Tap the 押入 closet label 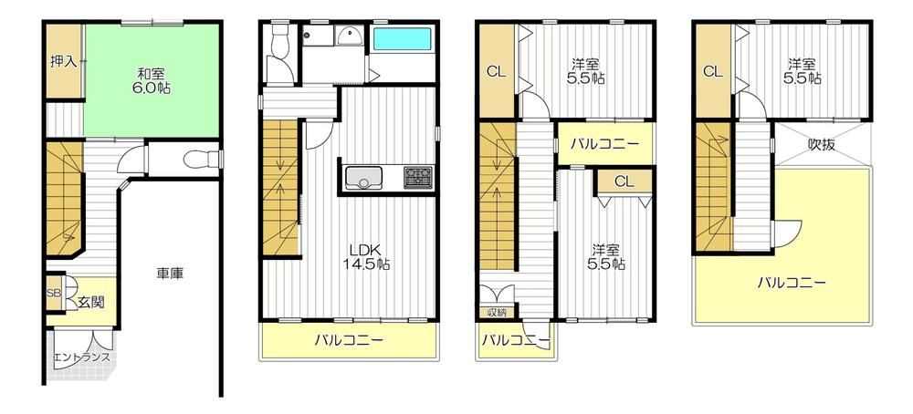click(x=64, y=61)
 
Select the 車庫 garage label click(x=171, y=273)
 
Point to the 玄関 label click(x=91, y=302)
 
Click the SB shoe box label click(x=53, y=293)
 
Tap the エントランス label click(x=81, y=357)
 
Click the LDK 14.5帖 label click(x=366, y=256)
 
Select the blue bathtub click(x=402, y=39)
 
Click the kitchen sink click(x=363, y=177)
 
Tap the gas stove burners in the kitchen click(x=418, y=177)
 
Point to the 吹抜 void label click(x=821, y=144)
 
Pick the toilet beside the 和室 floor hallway click(x=194, y=158)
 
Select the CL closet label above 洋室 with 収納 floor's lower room click(x=624, y=181)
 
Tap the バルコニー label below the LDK click(x=349, y=339)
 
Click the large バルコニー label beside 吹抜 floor click(x=792, y=284)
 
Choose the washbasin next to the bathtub click(x=350, y=36)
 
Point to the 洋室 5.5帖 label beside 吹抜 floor click(x=805, y=70)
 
